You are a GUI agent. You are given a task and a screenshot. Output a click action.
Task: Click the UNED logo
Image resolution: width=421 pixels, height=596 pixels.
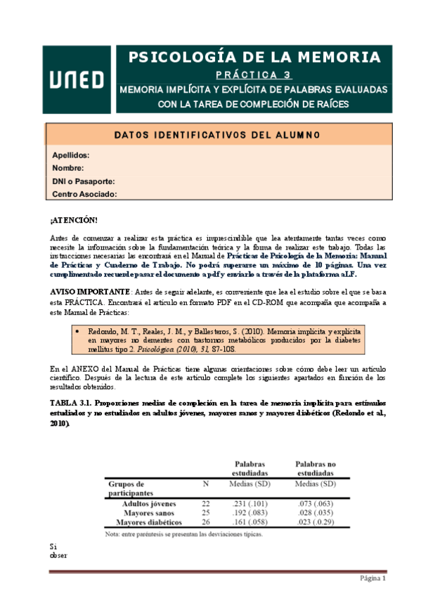(77, 79)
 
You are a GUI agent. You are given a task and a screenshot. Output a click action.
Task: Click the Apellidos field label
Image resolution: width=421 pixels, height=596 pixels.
(71, 155)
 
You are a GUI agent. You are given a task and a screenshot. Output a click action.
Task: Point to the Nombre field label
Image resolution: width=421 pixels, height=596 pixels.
(68, 168)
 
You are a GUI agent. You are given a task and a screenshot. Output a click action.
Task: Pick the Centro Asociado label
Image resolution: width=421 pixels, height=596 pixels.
(84, 194)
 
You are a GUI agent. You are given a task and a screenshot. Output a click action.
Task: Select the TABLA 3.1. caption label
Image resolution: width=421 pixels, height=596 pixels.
(70, 403)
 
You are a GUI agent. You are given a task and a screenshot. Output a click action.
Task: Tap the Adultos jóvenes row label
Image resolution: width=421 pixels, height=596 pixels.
(149, 504)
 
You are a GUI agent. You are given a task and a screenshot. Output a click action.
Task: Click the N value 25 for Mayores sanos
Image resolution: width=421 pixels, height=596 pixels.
(205, 513)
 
